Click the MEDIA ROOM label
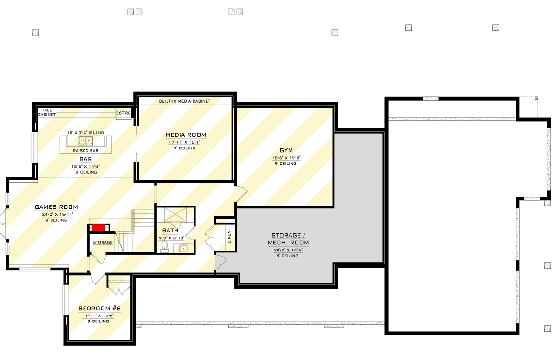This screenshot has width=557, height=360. (186, 135)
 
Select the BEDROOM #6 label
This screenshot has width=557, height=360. (99, 309)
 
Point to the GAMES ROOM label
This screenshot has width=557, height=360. (56, 207)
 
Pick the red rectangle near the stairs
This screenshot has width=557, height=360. (98, 227)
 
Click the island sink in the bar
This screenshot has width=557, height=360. (85, 141)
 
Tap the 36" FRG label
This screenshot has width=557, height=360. (123, 112)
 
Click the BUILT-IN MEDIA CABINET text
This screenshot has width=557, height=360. (185, 101)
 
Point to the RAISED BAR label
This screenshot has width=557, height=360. (85, 151)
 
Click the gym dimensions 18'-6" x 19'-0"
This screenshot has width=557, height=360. (286, 158)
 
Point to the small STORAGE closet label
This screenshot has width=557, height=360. (103, 242)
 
